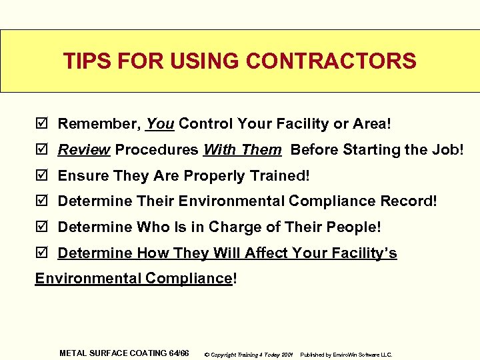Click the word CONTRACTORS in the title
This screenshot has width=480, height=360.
[331, 61]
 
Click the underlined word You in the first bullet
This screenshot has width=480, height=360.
[160, 124]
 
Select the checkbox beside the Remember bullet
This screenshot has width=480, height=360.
[43, 124]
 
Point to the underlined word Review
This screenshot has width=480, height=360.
[84, 150]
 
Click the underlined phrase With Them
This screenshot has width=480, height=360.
[242, 150]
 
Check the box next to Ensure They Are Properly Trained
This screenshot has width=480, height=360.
[43, 176]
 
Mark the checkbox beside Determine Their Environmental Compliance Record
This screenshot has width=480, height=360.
[43, 201]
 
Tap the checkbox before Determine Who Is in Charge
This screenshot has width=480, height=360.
[43, 227]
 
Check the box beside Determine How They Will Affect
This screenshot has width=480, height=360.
[43, 253]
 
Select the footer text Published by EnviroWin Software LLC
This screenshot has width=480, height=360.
[346, 354]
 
